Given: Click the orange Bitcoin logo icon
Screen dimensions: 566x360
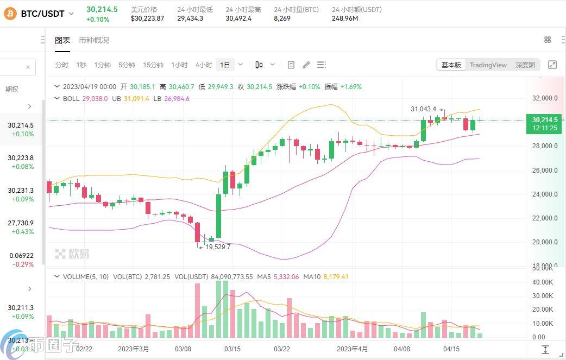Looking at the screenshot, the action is tap(10, 14).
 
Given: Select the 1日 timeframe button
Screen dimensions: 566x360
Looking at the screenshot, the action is tap(225, 65).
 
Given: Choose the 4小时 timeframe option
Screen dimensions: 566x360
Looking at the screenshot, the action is tap(204, 65).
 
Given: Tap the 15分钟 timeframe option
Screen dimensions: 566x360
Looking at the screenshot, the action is tap(153, 65).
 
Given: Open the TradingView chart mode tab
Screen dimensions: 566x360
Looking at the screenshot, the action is tap(488, 65).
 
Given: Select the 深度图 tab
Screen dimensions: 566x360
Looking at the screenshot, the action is tap(525, 65).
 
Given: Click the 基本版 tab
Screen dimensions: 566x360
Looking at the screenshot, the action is tap(451, 65).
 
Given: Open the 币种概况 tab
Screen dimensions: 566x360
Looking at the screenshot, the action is tap(94, 40).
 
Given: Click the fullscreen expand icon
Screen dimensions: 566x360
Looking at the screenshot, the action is tap(552, 65).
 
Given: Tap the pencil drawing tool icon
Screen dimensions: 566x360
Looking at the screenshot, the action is tap(306, 65).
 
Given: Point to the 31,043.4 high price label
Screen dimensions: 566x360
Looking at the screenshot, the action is tap(424, 109).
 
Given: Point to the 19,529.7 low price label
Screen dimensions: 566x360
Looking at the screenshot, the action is tap(218, 247).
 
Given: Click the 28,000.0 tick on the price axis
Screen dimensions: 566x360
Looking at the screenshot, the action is tap(545, 146).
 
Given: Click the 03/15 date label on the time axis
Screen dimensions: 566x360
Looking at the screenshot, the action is tap(232, 349).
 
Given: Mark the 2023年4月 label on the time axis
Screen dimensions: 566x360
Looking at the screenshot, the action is tap(353, 349).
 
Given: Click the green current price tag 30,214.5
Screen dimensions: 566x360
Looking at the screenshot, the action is tap(544, 124).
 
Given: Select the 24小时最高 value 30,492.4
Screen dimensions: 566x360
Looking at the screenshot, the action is tap(238, 18).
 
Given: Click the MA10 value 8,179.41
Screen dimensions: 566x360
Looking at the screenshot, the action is tap(336, 277).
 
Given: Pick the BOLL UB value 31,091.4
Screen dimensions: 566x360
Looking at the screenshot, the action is tap(136, 98).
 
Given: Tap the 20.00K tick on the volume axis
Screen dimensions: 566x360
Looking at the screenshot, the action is tap(543, 310).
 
